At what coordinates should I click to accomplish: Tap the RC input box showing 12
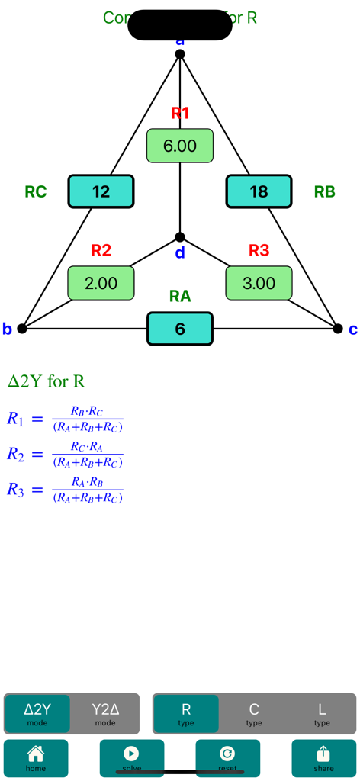tap(101, 191)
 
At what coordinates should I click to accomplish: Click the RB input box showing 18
tap(259, 191)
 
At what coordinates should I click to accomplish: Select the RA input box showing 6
tap(180, 329)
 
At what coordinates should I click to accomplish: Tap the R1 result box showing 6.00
tap(180, 146)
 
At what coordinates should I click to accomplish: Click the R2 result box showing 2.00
tap(101, 283)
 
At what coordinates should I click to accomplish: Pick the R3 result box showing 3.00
tap(259, 283)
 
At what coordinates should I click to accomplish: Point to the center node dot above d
tap(180, 237)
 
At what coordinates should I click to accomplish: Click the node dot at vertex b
tap(22, 329)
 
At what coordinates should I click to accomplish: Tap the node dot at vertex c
tap(338, 329)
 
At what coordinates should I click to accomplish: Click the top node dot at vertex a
tap(180, 54)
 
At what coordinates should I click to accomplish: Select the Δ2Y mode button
tap(37, 713)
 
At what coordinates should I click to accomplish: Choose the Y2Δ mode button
tap(105, 713)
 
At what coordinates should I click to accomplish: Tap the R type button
tap(186, 713)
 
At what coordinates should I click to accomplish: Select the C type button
tap(254, 713)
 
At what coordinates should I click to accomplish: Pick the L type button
tap(322, 713)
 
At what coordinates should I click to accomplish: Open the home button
tap(36, 758)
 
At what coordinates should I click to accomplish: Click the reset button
tap(227, 758)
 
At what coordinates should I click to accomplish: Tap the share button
tap(323, 758)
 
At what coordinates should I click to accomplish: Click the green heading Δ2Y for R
tap(47, 381)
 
